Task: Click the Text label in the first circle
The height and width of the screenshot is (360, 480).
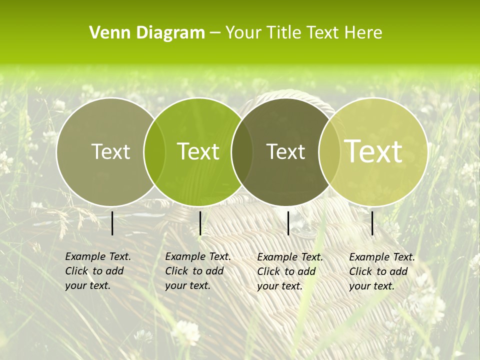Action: (x=111, y=151)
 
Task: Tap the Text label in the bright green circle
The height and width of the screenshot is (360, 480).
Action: (x=198, y=151)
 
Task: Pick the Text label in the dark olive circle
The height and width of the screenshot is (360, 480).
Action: (x=286, y=151)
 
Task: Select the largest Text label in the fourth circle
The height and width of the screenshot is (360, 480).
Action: (x=373, y=151)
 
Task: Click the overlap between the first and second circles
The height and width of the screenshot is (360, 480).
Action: (x=154, y=152)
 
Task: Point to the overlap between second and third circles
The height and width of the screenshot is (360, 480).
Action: (x=242, y=152)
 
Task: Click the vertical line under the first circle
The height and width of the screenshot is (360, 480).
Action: (x=112, y=223)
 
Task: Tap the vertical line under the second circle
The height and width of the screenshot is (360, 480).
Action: (x=200, y=223)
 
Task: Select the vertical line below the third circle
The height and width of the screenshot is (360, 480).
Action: (x=288, y=223)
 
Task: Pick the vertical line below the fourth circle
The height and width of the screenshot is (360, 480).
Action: (x=372, y=223)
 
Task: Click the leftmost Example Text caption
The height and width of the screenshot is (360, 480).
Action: (x=97, y=271)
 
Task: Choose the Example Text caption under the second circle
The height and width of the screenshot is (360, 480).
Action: (x=197, y=271)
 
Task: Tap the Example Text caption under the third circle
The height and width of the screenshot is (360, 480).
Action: (x=290, y=271)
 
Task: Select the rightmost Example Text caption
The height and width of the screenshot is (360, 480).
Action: (x=382, y=271)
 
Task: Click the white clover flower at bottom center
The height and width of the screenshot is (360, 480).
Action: (x=186, y=331)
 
